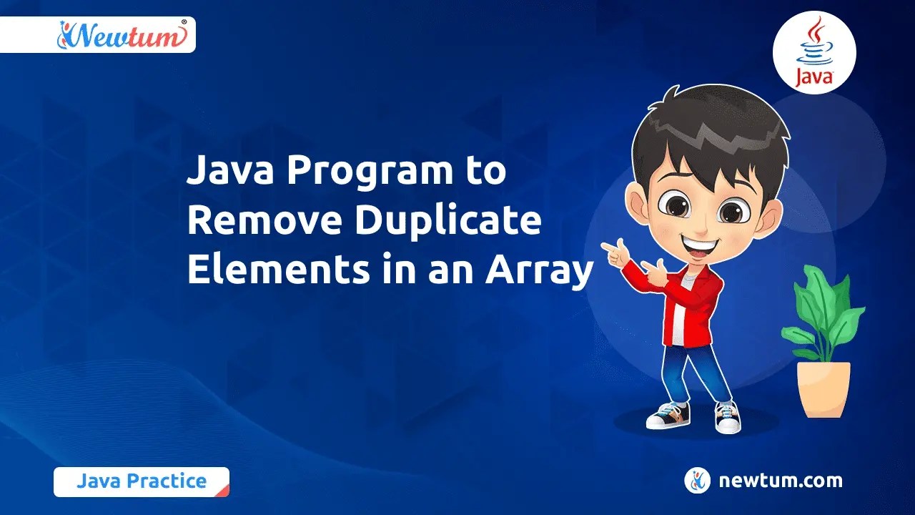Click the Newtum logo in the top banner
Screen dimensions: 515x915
tap(122, 34)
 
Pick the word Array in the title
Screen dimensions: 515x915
tap(540, 273)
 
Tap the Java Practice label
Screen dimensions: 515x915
tap(141, 481)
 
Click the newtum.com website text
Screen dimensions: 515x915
tap(780, 481)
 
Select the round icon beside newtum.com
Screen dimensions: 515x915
tap(697, 481)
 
